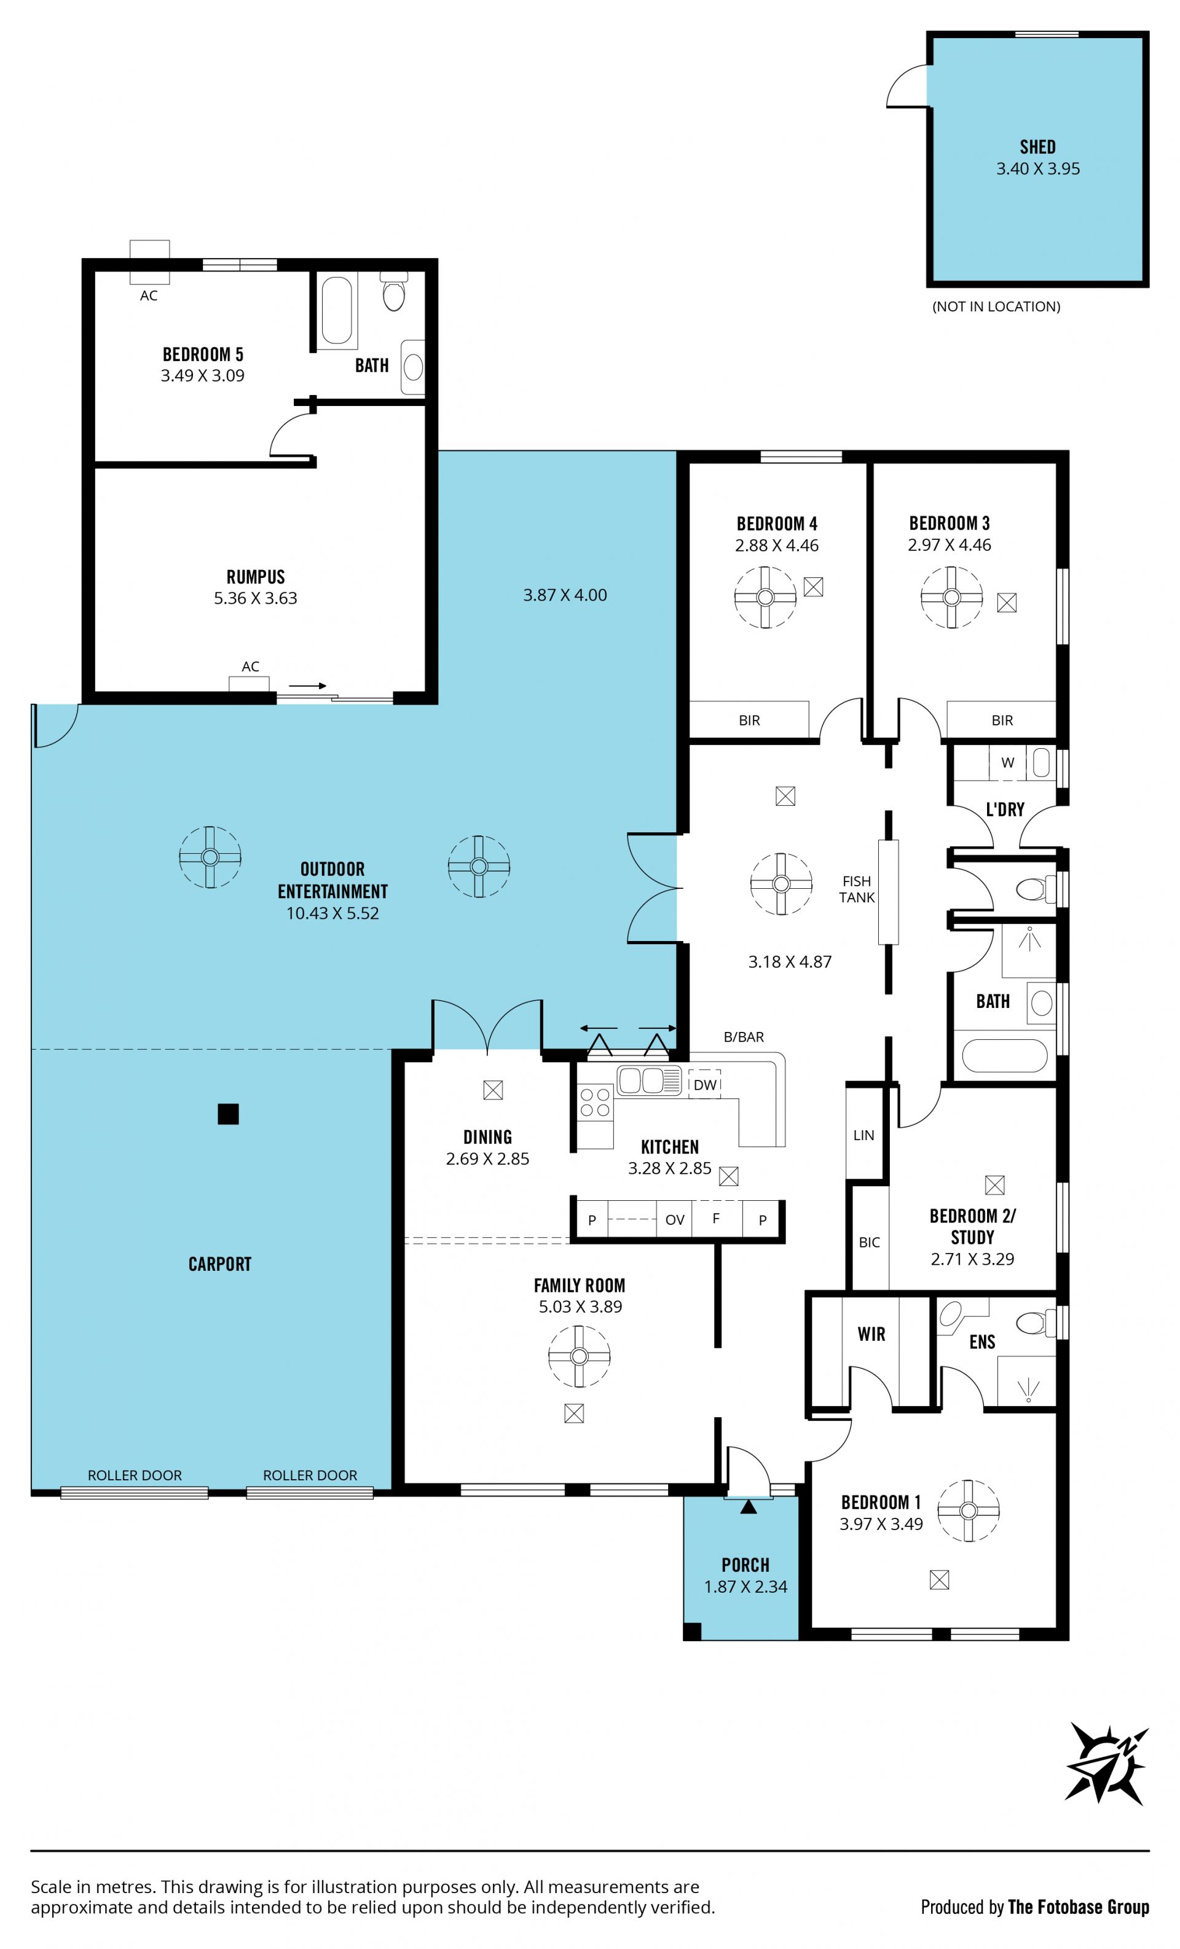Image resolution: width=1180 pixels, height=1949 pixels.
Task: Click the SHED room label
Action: (1037, 147)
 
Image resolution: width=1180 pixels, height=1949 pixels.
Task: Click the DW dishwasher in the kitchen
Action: (704, 1084)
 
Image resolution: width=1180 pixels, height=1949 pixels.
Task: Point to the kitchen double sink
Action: (649, 1080)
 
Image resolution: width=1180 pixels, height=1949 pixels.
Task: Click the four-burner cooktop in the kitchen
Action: (595, 1103)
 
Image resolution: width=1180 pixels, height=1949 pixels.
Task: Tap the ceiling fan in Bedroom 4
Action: (765, 597)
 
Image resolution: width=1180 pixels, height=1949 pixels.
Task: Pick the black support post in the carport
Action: (228, 1114)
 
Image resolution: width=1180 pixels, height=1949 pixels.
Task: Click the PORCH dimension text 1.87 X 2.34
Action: (745, 1586)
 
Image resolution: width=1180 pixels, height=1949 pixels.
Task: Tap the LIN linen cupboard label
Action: (863, 1135)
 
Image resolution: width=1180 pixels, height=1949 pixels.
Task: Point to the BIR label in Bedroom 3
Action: (1002, 720)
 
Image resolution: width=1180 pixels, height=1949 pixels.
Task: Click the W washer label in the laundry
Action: (1007, 762)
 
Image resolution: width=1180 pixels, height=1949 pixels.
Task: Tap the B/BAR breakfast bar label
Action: (744, 1037)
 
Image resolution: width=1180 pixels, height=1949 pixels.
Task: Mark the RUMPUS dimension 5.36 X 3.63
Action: (256, 598)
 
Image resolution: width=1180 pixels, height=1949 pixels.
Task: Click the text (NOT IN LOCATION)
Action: (996, 306)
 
